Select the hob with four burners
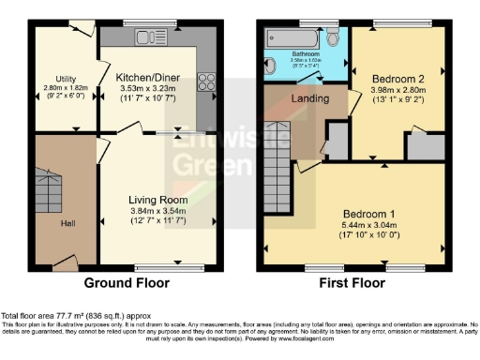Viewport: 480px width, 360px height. click(x=206, y=82)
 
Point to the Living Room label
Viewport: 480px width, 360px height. click(x=158, y=200)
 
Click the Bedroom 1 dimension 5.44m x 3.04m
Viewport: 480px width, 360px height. click(x=355, y=225)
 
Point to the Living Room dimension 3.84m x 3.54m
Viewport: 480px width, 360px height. click(x=158, y=212)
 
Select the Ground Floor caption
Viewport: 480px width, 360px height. click(x=127, y=283)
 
